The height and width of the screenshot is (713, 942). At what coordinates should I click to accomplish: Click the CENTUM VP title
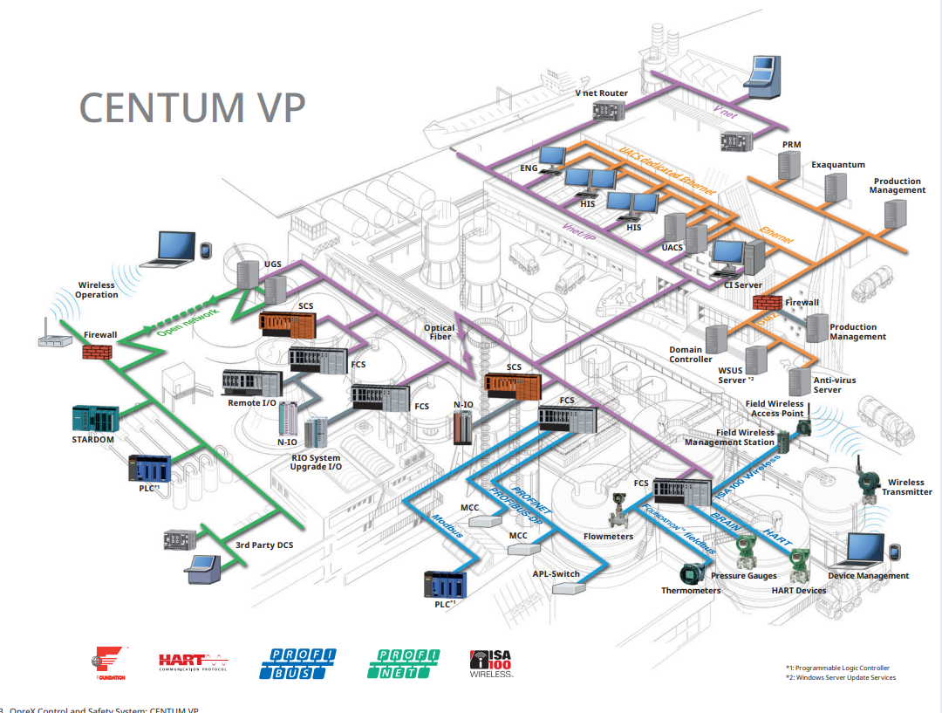[x=192, y=106]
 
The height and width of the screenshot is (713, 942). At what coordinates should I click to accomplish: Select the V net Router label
[x=601, y=93]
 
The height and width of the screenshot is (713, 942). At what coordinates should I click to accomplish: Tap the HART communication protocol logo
[x=193, y=663]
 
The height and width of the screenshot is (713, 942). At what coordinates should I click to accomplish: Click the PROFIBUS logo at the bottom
[x=297, y=663]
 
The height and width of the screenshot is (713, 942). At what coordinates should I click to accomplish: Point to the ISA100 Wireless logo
[x=492, y=663]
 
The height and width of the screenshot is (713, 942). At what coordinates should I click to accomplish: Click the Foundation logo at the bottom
[x=111, y=663]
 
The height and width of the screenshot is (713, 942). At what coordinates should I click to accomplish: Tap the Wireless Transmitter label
[x=906, y=487]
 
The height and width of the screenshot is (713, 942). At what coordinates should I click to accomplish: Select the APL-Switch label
[x=556, y=574]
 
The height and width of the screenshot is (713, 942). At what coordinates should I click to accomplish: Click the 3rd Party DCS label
[x=264, y=545]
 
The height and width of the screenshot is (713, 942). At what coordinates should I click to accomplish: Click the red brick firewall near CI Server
[x=765, y=302]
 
